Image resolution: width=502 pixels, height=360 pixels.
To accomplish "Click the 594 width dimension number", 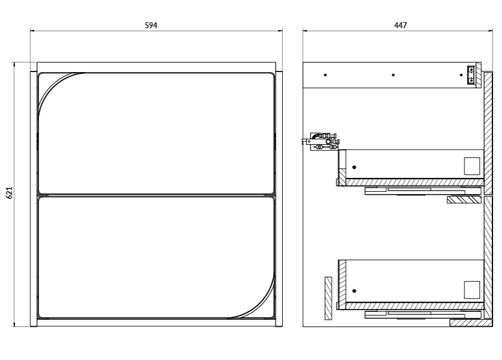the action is point(151,25).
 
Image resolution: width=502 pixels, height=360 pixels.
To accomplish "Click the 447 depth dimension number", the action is point(400,25).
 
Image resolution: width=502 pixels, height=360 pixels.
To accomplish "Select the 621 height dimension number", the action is point(9,193).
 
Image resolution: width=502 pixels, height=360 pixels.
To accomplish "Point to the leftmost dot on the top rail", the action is point(325,75).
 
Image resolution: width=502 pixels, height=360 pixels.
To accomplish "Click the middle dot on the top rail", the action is point(393,75).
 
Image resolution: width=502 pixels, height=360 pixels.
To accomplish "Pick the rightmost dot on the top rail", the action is point(461,75).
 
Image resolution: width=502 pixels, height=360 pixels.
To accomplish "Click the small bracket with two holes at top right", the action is point(471,75).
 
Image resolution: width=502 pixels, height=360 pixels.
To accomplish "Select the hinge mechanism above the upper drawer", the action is point(321,141).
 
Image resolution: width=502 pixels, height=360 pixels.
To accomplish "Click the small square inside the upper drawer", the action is point(472,166).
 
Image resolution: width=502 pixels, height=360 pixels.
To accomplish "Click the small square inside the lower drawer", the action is point(472,290).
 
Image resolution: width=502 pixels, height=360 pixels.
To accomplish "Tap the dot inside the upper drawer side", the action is point(354,167).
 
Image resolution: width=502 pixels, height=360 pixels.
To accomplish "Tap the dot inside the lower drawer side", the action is point(354,291).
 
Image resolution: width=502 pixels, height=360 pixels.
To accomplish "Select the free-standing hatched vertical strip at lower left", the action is point(328,299).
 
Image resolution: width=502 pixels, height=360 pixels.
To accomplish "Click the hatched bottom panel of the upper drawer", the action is point(414,183).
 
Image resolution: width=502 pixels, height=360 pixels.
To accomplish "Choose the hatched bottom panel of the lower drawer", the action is point(414,306).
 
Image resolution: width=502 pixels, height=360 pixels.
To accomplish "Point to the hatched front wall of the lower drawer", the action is point(342,285).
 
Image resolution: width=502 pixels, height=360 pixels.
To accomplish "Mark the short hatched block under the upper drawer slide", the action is point(464,200).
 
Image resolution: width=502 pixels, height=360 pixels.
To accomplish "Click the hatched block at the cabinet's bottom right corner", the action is point(471,323).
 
